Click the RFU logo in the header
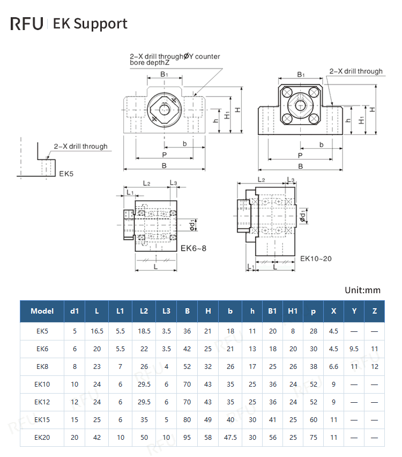(x=26, y=24)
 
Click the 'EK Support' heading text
(x=90, y=24)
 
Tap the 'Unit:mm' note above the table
(x=362, y=290)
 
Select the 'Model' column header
(x=42, y=311)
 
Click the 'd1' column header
(x=75, y=311)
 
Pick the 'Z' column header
(x=374, y=311)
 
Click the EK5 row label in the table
(x=42, y=331)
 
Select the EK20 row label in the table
(x=42, y=438)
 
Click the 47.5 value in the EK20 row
(x=230, y=438)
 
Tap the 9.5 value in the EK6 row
(x=354, y=349)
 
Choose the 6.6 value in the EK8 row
(x=333, y=367)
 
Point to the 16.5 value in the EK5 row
(x=97, y=331)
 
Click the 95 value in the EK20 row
(x=187, y=438)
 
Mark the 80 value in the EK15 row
(x=187, y=419)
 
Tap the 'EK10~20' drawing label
(x=316, y=258)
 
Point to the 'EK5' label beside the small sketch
(x=66, y=173)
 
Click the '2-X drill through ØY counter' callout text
(x=175, y=56)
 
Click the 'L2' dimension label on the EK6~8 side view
(x=146, y=183)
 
